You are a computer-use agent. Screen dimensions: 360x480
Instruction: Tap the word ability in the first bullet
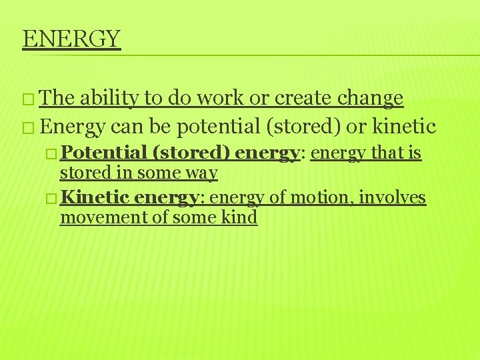(x=109, y=98)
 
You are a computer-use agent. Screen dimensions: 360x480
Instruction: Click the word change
(x=370, y=98)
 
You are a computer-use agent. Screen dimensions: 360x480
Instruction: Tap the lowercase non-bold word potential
(x=215, y=126)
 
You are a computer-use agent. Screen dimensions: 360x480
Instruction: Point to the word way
(x=204, y=173)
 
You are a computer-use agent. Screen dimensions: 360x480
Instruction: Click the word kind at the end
(x=241, y=217)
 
